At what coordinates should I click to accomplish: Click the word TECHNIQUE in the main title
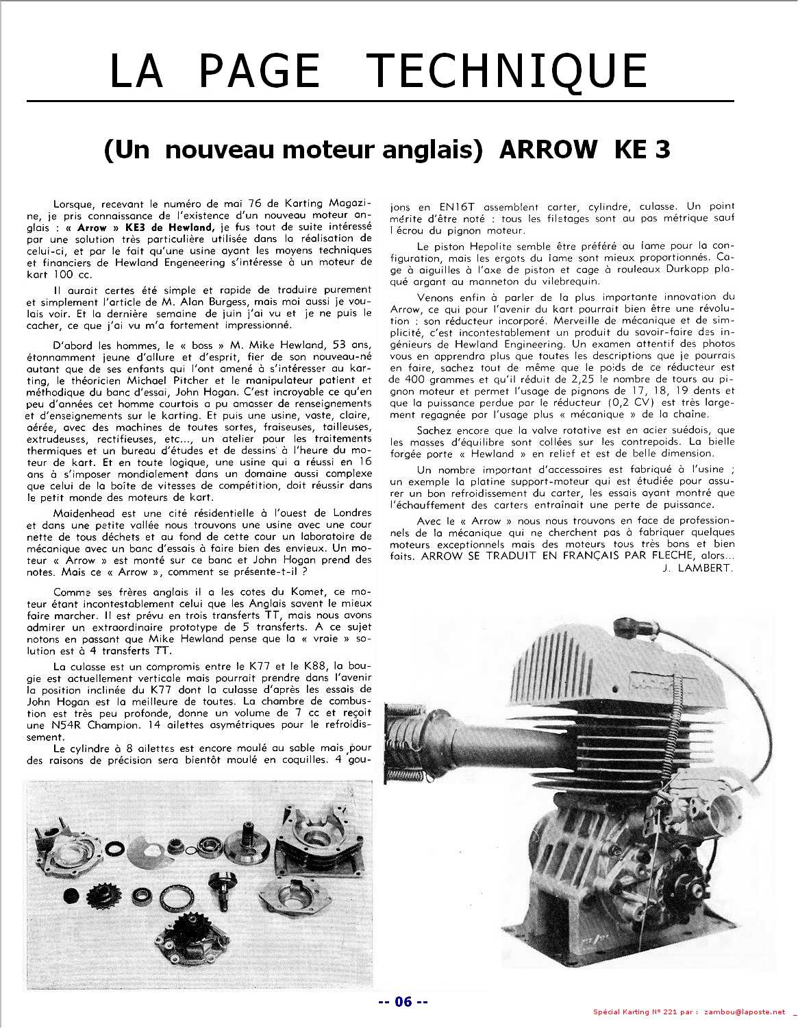[x=508, y=70]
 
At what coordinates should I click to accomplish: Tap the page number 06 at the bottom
[x=403, y=1002]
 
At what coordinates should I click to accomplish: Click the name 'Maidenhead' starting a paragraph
[x=80, y=513]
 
